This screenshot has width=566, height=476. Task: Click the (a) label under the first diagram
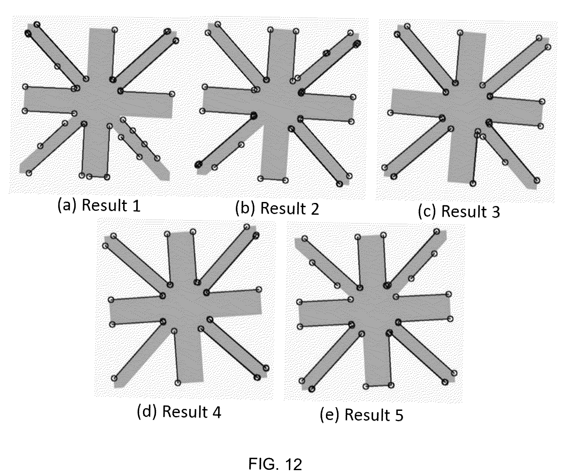click(x=67, y=205)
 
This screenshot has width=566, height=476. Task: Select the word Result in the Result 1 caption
click(x=104, y=205)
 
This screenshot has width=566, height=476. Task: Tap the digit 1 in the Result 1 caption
click(x=136, y=206)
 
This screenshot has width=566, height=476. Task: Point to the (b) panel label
click(x=246, y=209)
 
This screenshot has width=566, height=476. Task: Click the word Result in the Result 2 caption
click(x=283, y=209)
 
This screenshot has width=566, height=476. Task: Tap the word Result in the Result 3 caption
click(x=464, y=211)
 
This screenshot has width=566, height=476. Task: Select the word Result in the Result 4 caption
click(x=185, y=411)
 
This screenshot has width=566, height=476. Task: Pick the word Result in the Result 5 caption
click(x=367, y=415)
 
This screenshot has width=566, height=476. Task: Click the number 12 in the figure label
click(x=293, y=464)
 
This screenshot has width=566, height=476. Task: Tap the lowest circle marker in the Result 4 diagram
click(x=178, y=383)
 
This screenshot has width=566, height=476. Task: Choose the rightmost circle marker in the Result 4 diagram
click(x=266, y=368)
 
